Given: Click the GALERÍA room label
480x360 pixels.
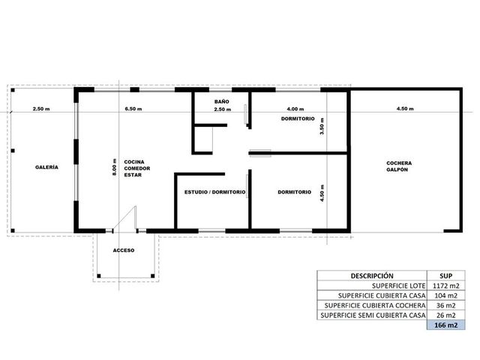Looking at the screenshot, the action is click(x=46, y=167).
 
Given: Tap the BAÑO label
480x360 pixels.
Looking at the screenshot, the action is click(x=222, y=102).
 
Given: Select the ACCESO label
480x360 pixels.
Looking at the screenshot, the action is click(x=124, y=250).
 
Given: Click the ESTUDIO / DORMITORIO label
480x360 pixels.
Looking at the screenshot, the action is click(x=215, y=192).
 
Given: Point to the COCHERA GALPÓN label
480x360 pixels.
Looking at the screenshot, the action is click(x=399, y=166).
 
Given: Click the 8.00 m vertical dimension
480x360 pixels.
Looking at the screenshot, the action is click(x=115, y=167).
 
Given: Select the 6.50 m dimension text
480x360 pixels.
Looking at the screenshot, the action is click(x=133, y=109).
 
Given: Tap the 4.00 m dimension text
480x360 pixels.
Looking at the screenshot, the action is click(x=295, y=109).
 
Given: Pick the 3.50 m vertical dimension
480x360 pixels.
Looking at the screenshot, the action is click(x=322, y=127).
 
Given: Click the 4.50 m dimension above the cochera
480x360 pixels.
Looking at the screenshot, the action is click(x=405, y=108).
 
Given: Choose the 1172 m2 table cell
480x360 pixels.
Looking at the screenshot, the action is click(x=446, y=286).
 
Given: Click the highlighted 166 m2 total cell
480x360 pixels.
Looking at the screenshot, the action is click(x=446, y=325).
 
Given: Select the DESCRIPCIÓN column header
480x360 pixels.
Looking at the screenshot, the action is click(x=372, y=276).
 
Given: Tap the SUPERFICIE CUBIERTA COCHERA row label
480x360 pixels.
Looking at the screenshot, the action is click(x=375, y=305).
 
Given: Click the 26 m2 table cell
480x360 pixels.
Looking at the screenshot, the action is click(x=446, y=315).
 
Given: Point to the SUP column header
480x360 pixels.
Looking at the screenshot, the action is click(x=446, y=276).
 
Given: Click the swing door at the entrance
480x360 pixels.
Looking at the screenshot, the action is click(x=124, y=217).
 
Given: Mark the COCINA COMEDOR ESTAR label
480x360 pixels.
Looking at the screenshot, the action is click(x=137, y=168).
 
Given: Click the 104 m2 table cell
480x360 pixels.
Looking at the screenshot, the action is click(x=446, y=295).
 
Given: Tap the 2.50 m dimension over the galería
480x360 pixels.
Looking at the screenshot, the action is click(x=41, y=109).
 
